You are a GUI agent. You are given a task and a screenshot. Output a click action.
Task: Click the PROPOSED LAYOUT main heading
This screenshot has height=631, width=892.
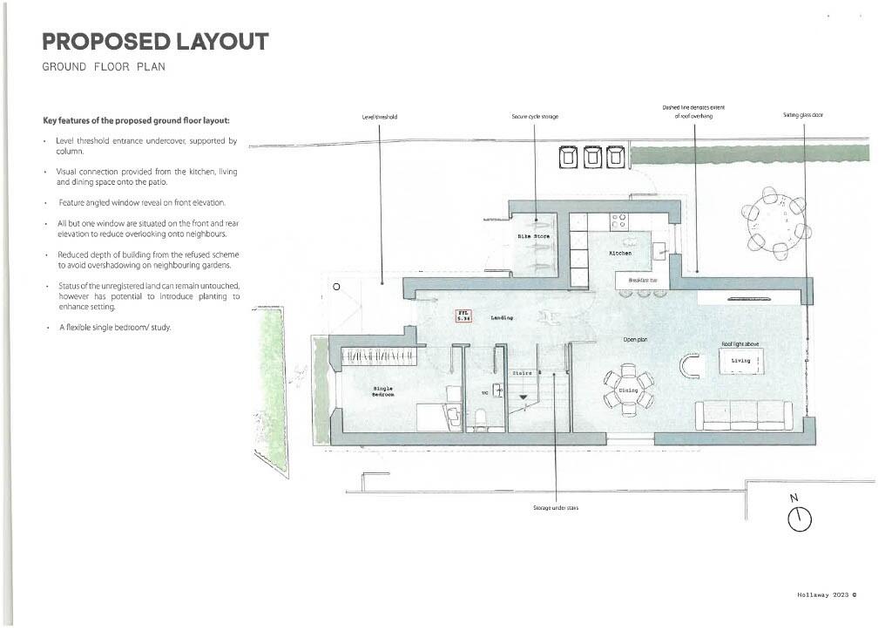coord(155,42)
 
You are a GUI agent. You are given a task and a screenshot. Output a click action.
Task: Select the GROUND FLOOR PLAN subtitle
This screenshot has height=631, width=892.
coord(103,67)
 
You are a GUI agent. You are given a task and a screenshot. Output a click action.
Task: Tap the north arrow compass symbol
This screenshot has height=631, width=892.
coord(799,518)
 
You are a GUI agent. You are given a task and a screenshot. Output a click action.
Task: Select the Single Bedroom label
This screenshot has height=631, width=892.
coord(383,391)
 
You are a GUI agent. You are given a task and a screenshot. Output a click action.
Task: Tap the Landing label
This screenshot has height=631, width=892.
coord(502,318)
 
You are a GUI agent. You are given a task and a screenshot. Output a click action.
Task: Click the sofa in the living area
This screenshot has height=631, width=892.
coord(743,415)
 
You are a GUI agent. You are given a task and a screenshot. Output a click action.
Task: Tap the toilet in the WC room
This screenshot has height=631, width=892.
coord(478,421)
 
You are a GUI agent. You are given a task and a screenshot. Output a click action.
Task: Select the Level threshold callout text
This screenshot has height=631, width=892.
coord(380,117)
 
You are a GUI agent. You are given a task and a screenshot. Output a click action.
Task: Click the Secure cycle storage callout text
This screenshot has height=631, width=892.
coord(535,117)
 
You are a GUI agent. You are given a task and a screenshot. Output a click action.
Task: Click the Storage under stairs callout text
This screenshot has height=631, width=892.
coord(556,507)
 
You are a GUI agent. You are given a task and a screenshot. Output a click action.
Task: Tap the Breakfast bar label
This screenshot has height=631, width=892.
coord(643,281)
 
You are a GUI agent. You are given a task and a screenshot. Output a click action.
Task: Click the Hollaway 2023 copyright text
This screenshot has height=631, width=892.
coord(827,594)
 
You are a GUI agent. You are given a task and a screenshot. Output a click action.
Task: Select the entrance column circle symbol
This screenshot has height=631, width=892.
coord(336,286)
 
